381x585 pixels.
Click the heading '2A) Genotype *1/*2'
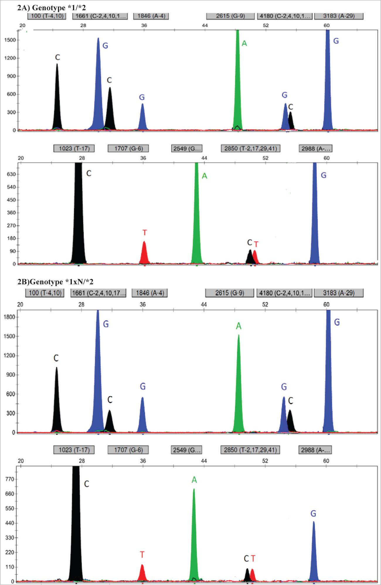pyautogui.click(x=51, y=8)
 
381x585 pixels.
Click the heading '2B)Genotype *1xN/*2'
pyautogui.click(x=55, y=282)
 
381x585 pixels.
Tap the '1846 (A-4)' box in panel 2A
pyautogui.click(x=151, y=16)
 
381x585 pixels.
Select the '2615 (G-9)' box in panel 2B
pyautogui.click(x=229, y=293)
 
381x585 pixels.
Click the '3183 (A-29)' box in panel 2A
pyautogui.click(x=339, y=16)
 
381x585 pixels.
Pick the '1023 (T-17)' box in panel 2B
pyautogui.click(x=74, y=450)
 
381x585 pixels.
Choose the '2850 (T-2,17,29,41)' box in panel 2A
pyautogui.click(x=250, y=148)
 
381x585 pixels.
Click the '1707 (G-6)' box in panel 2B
pyautogui.click(x=128, y=450)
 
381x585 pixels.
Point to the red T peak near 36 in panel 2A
pyautogui.click(x=144, y=253)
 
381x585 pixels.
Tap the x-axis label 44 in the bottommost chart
pyautogui.click(x=204, y=461)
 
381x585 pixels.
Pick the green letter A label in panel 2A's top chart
pyautogui.click(x=244, y=44)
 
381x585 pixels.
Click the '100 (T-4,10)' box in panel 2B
pyautogui.click(x=45, y=293)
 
